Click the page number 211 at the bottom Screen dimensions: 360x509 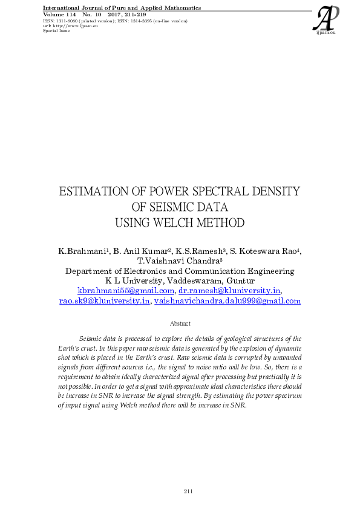[x=188, y=491]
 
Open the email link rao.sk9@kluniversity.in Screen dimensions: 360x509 [x=104, y=301]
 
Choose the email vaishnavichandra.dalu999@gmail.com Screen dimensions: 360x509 [x=227, y=301]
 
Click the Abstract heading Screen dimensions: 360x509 [x=180, y=324]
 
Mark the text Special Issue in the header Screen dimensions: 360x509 [x=56, y=31]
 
